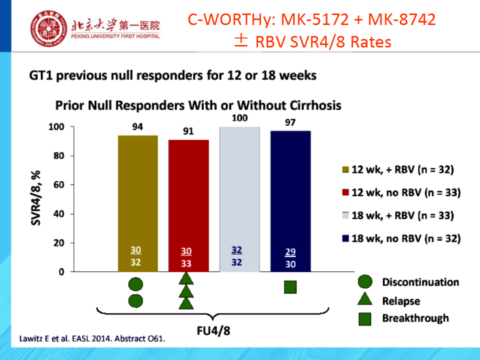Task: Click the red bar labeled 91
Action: pyautogui.click(x=188, y=205)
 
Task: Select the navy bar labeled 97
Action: pyautogui.click(x=290, y=201)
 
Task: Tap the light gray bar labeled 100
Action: pyautogui.click(x=239, y=199)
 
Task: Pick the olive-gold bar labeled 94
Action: pyautogui.click(x=138, y=203)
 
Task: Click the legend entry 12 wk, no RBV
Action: pyautogui.click(x=401, y=192)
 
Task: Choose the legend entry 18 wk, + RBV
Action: pyautogui.click(x=398, y=215)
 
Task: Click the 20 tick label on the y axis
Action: pyautogui.click(x=58, y=243)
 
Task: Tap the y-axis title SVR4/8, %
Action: pyautogui.click(x=36, y=198)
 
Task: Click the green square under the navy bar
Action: pyautogui.click(x=290, y=287)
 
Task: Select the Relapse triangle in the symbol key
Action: pyautogui.click(x=365, y=299)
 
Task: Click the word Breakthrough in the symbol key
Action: pyautogui.click(x=415, y=318)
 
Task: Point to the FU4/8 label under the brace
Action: pyautogui.click(x=213, y=331)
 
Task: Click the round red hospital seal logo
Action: pyautogui.click(x=48, y=28)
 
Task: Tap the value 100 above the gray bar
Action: pyautogui.click(x=239, y=118)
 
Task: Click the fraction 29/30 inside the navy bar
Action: pyautogui.click(x=290, y=258)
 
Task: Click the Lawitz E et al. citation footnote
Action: pyautogui.click(x=92, y=339)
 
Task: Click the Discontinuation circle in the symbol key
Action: pyautogui.click(x=365, y=281)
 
